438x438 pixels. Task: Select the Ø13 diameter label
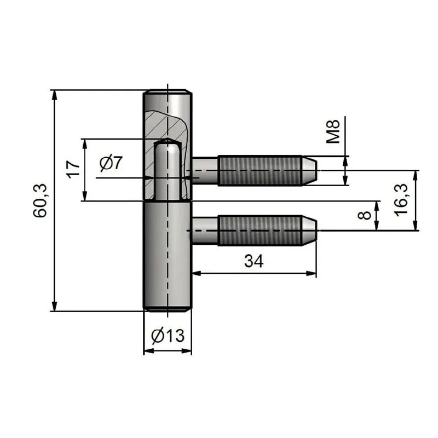pos(167,335)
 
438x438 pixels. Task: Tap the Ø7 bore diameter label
pos(112,163)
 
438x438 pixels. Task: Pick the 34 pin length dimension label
pos(253,262)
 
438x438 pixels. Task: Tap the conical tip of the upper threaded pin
pos(310,170)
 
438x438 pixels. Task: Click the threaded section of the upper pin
pos(260,170)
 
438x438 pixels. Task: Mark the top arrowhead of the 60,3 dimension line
pos(54,94)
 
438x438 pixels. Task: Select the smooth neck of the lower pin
pos(205,230)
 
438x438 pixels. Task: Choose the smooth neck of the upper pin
pos(205,170)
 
